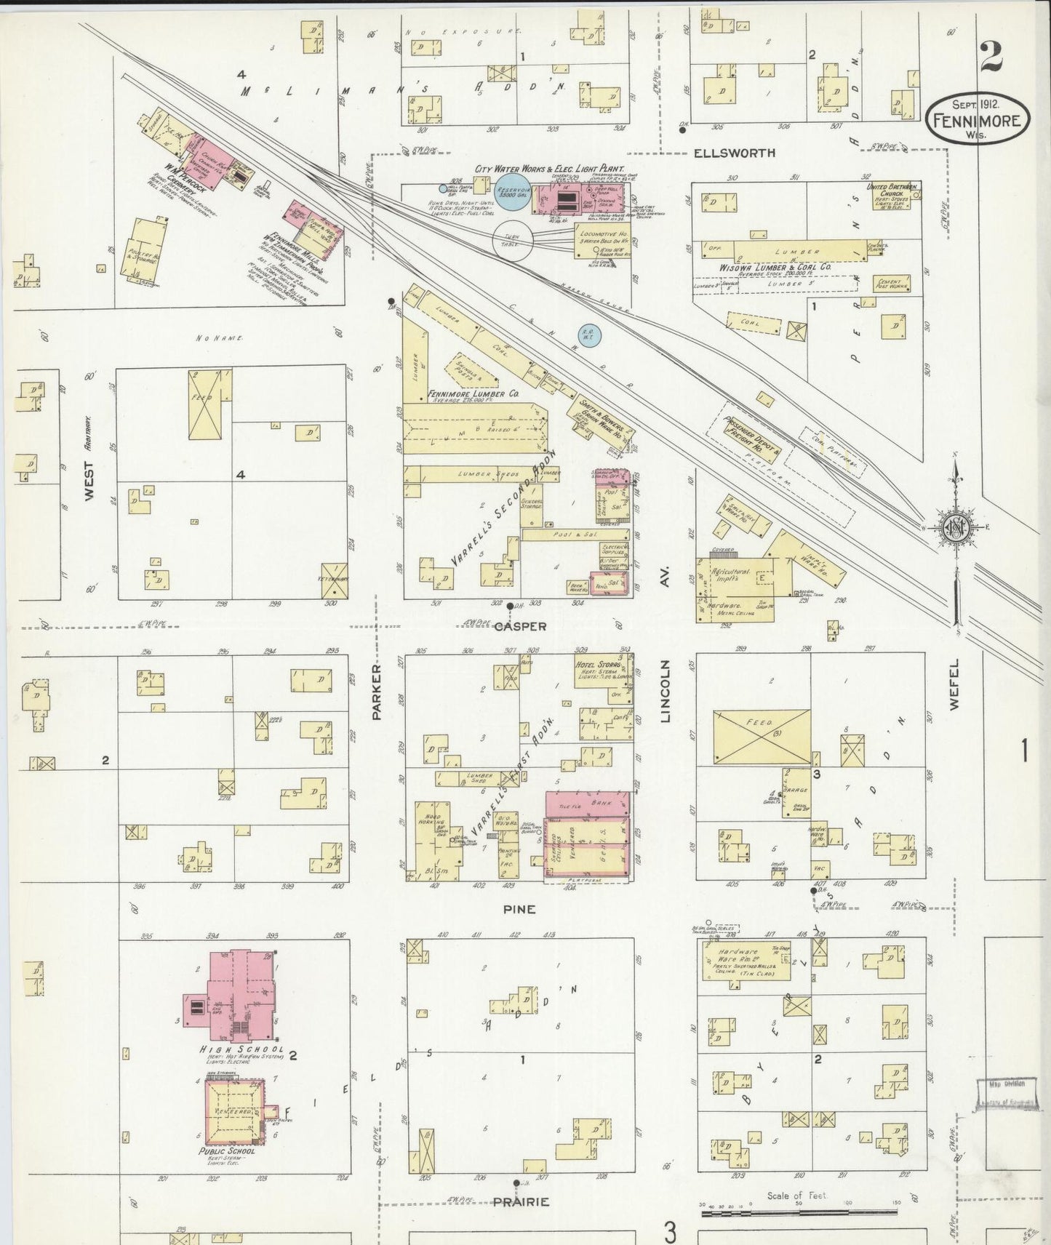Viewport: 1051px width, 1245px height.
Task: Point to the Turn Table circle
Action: pyautogui.click(x=513, y=240)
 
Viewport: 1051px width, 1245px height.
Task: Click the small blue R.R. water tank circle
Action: pyautogui.click(x=590, y=335)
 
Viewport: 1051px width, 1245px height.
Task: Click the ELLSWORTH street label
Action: pyautogui.click(x=734, y=153)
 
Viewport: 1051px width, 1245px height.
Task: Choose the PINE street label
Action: pyautogui.click(x=519, y=909)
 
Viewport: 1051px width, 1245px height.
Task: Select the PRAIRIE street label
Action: pyautogui.click(x=521, y=1201)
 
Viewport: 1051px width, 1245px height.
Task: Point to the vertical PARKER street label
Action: pyautogui.click(x=377, y=691)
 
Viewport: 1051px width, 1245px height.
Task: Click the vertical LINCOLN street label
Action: pyautogui.click(x=665, y=691)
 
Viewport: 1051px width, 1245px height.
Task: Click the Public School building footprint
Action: pyautogui.click(x=234, y=1111)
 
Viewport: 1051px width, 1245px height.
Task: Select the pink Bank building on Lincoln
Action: pyautogui.click(x=588, y=804)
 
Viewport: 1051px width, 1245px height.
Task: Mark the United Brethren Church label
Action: pyautogui.click(x=892, y=190)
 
